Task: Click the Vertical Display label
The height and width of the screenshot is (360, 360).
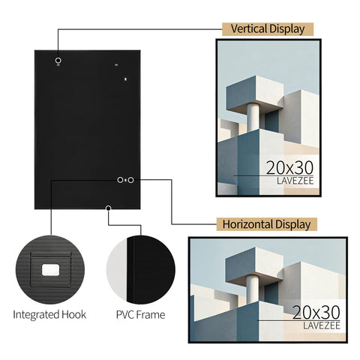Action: pos(268,29)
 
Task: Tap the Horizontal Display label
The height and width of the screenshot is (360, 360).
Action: pos(266,224)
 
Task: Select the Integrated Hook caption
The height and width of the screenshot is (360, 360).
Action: pos(49,314)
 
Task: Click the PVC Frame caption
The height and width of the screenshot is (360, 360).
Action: pos(140,315)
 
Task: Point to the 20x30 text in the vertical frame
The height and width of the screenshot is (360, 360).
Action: pos(289,168)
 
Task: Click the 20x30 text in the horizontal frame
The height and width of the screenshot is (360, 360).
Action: pos(316,312)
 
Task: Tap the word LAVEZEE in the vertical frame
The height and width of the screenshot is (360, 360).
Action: pos(295,181)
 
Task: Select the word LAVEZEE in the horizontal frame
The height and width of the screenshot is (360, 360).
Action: pos(322,325)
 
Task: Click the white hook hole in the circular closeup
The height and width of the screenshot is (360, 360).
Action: pos(50,270)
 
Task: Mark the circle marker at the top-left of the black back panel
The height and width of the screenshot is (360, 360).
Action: pos(58,61)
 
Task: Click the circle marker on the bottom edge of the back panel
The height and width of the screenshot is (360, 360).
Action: pos(108,208)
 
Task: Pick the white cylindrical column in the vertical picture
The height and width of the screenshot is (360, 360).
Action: pos(253,117)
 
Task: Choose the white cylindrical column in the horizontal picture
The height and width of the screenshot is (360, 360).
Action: pos(253,289)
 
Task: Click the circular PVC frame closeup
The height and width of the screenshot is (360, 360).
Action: pos(141,270)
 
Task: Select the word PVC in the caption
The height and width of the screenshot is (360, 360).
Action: pos(124,315)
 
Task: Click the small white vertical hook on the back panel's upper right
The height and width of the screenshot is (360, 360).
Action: pos(126,79)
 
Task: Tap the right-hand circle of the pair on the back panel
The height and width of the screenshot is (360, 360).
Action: pos(130,180)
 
